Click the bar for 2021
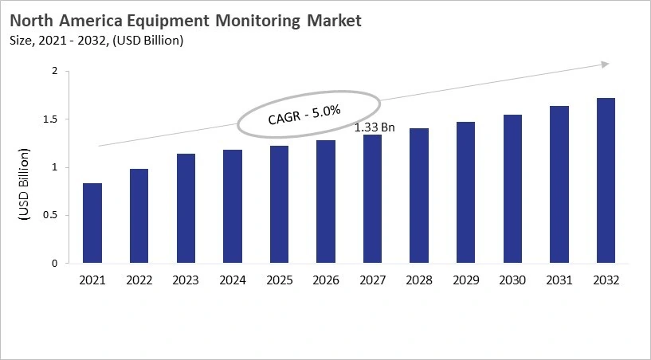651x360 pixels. coord(92,223)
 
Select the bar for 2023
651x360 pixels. coord(186,209)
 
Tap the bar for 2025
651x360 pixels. coord(279,205)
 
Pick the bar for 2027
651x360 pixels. coord(372,199)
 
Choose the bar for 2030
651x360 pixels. coord(512,189)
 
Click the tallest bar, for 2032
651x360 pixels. coord(606,181)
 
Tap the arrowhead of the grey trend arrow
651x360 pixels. coord(606,64)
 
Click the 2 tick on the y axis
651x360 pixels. coord(55,72)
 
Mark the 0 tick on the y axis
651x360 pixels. coord(55,263)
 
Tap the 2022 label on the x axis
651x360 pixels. coord(139,280)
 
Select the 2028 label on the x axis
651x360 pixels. coord(419,280)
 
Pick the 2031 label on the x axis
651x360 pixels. coord(559,280)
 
